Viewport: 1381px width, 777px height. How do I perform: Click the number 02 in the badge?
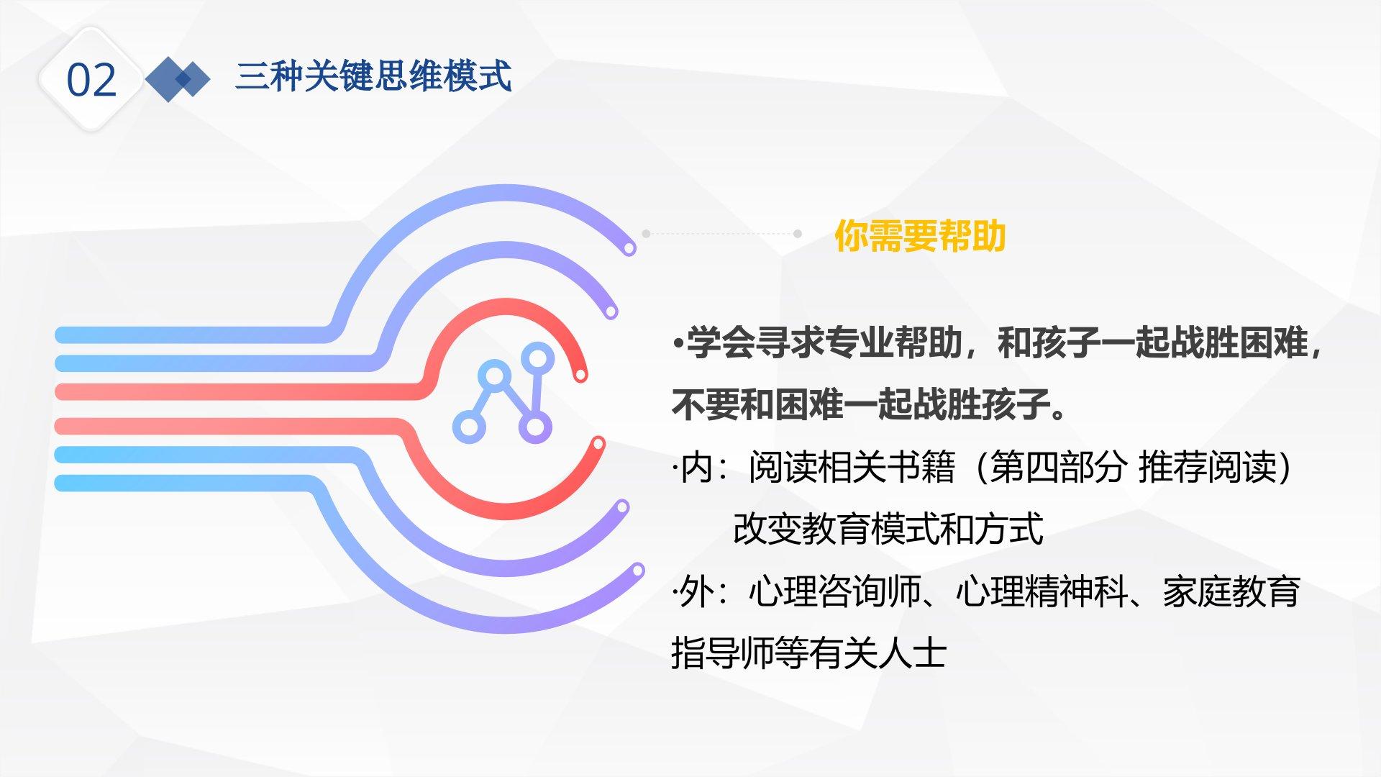tap(91, 80)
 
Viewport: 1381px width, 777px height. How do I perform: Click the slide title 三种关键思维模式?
tap(373, 76)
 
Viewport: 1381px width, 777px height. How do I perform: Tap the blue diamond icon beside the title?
tap(178, 78)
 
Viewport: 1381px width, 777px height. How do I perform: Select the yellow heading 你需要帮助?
tap(919, 235)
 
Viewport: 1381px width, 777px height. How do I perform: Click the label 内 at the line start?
tap(696, 467)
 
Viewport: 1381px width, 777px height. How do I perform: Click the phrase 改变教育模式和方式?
tap(888, 529)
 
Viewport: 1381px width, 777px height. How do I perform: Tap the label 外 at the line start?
tap(696, 591)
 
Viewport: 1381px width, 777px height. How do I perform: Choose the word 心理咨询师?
tap(834, 591)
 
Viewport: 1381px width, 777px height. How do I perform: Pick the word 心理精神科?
tap(1042, 591)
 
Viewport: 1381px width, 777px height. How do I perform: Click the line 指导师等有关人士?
tap(808, 653)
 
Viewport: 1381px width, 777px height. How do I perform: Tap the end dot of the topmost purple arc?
tap(629, 249)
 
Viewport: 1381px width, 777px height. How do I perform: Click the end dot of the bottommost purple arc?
tap(637, 571)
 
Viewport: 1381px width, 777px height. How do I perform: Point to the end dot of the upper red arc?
tap(580, 374)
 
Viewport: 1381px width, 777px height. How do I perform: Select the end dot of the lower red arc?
tap(596, 443)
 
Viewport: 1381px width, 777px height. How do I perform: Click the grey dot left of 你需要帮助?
tap(646, 234)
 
